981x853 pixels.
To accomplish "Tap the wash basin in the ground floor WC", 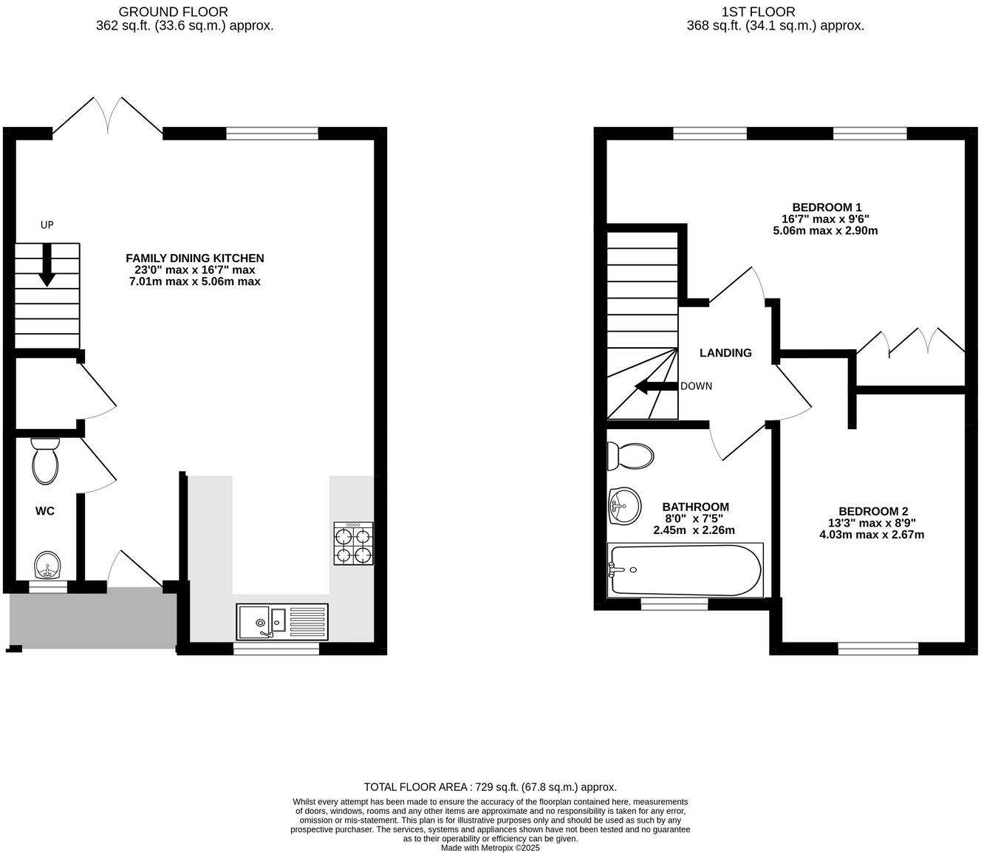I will click(48, 566).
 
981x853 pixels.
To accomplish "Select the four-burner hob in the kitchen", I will click(353, 544).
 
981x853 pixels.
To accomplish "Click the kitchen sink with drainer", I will click(281, 621).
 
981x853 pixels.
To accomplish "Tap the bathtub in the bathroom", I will click(684, 570).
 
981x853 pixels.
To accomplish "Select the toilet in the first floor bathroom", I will click(629, 456).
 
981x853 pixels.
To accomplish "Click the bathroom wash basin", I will click(624, 507).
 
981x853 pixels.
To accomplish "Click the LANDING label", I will click(725, 353).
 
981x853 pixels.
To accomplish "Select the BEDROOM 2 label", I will click(872, 511).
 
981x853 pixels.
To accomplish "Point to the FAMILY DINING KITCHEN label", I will click(194, 258).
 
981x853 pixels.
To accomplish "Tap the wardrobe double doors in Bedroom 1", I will click(910, 343).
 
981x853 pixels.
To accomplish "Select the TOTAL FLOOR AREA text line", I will click(490, 787).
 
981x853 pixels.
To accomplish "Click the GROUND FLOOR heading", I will click(173, 11).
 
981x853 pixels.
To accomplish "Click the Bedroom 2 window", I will click(878, 649).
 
